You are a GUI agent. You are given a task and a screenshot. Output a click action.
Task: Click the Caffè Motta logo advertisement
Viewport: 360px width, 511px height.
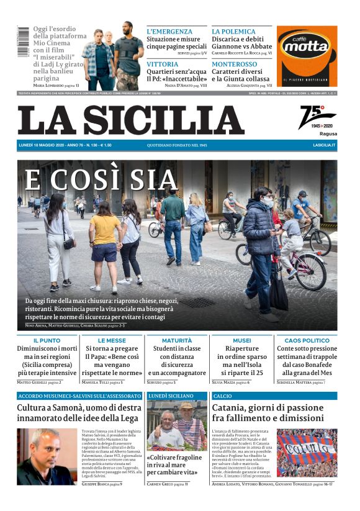(x=307, y=56)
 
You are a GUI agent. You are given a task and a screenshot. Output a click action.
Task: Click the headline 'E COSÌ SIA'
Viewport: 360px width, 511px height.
(x=101, y=181)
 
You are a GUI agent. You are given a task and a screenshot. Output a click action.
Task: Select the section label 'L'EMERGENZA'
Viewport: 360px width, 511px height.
(x=169, y=31)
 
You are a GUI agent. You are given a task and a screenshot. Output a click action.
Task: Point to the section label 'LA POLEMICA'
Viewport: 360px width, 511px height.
(x=233, y=31)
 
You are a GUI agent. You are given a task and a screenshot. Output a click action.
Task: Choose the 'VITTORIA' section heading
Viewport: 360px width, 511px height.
(x=162, y=64)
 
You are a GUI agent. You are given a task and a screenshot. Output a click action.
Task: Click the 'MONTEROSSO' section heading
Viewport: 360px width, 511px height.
(x=234, y=64)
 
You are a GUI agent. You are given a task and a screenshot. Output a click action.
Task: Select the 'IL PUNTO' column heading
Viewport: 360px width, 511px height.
(x=47, y=341)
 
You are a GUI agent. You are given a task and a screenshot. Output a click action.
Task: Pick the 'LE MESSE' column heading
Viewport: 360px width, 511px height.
(x=112, y=341)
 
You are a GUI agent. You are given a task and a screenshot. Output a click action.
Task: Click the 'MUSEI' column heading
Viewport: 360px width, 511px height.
(x=241, y=341)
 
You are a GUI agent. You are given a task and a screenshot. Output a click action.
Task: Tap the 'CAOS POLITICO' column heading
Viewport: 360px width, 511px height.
(x=307, y=341)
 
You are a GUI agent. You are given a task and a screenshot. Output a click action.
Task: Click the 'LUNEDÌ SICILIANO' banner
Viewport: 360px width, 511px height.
(x=171, y=396)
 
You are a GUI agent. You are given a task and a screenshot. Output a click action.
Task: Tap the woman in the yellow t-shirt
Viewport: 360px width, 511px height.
(x=104, y=248)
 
